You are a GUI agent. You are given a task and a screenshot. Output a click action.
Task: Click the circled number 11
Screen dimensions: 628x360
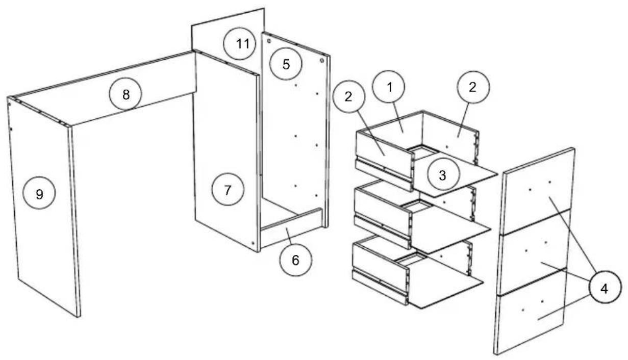[240, 43]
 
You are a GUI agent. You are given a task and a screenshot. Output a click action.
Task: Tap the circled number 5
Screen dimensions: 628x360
[286, 64]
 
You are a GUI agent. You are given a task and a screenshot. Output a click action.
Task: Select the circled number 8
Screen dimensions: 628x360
[125, 94]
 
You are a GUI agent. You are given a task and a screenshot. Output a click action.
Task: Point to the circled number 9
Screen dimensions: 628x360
[39, 193]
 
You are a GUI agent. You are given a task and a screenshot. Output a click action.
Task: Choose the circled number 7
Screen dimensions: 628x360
[228, 189]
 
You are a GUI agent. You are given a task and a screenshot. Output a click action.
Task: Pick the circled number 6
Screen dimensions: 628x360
[296, 260]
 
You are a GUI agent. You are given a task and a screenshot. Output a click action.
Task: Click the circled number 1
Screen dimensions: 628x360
[389, 86]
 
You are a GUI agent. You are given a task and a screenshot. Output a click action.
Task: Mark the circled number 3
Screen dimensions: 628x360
[443, 174]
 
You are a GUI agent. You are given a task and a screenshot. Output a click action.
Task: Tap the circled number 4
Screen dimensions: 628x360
[605, 287]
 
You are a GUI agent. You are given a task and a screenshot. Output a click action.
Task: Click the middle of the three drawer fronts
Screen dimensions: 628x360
[534, 252]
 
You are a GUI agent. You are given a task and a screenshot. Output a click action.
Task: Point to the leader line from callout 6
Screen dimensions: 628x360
[289, 236]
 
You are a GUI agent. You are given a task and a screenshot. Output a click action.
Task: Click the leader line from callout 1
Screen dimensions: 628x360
[398, 117]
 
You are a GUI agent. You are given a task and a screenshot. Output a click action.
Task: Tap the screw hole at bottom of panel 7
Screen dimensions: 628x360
[253, 243]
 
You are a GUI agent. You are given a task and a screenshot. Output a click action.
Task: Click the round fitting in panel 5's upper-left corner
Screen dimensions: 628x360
[269, 41]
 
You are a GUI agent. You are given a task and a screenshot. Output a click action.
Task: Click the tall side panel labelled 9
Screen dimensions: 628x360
[43, 208]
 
